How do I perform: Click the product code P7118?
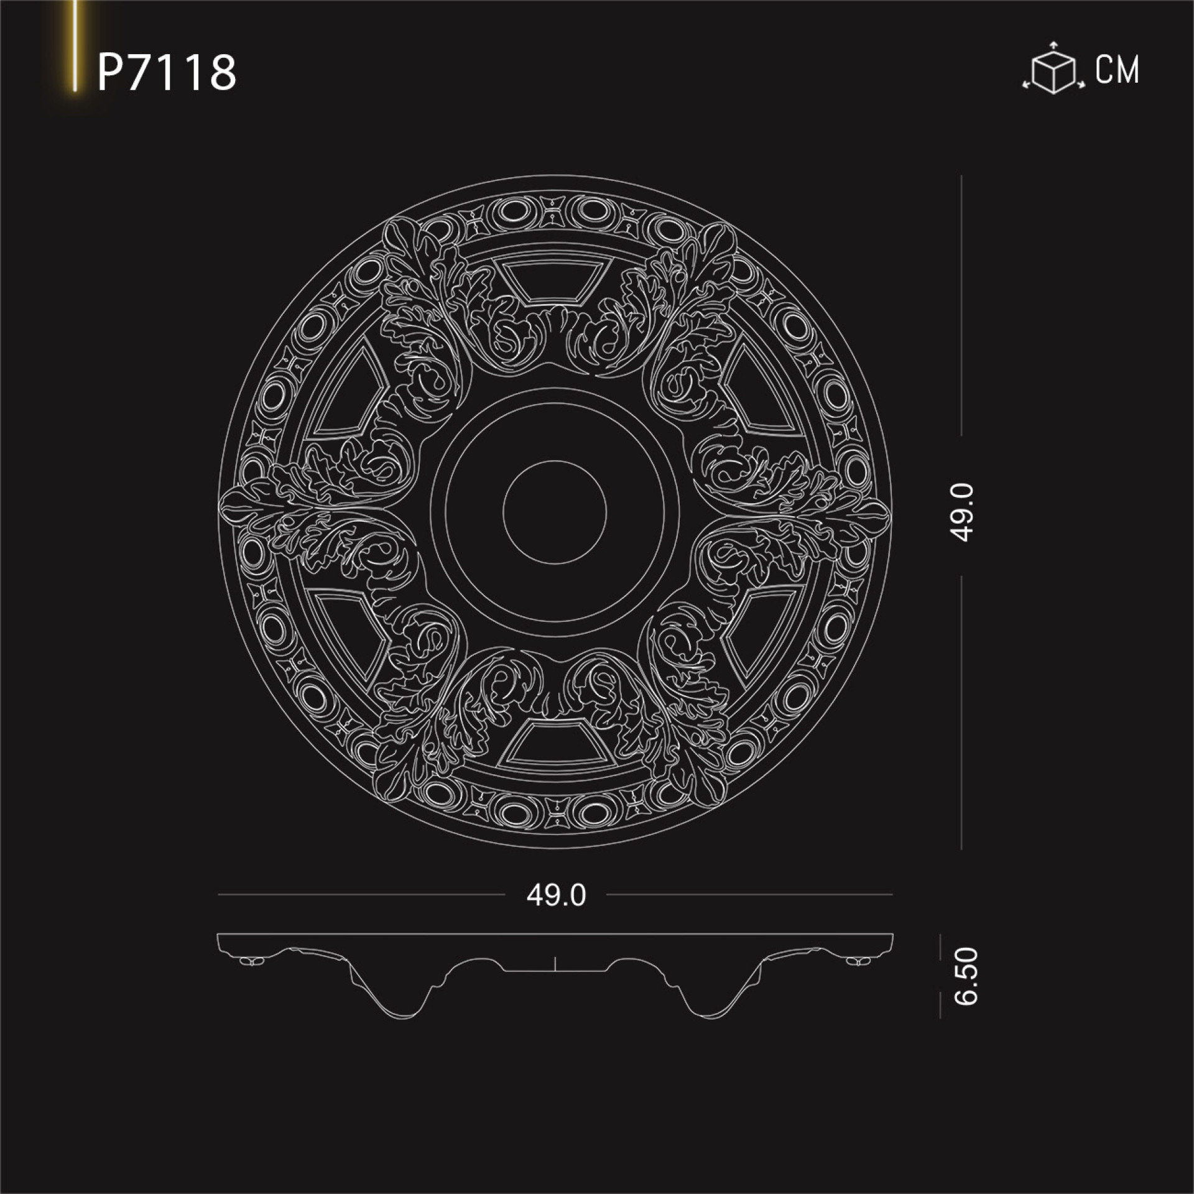[167, 72]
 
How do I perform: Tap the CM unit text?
[1118, 70]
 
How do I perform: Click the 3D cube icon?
[1053, 69]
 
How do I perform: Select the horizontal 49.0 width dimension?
[556, 895]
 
